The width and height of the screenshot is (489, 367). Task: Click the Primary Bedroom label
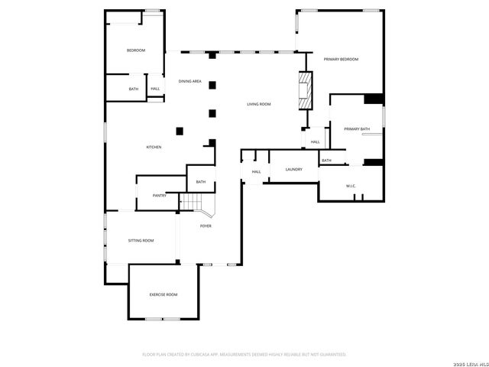pos(341,59)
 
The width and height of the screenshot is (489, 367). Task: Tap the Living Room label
pos(259,104)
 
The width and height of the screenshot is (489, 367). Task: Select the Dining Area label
pos(190,81)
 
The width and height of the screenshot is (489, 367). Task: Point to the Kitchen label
pos(154,147)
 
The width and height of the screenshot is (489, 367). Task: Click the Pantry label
pos(160,196)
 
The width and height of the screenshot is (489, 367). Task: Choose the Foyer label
pos(206,226)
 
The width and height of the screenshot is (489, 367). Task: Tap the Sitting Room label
pos(141,241)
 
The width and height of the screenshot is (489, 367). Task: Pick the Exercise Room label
pos(163,294)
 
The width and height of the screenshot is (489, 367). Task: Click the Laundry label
pos(293,170)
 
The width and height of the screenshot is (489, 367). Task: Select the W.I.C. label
pos(351,186)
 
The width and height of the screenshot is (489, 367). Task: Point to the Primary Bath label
pos(356,129)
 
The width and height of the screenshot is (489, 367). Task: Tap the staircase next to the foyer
pos(196,203)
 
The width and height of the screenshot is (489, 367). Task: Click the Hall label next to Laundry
pos(256,171)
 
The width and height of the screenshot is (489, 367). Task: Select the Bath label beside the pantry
pos(201,182)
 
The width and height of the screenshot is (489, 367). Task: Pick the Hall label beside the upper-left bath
pos(155,89)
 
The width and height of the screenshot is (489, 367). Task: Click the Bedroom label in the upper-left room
pos(136,50)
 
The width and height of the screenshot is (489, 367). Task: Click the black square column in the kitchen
pos(180,130)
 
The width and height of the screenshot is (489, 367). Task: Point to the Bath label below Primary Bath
pos(326,161)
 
